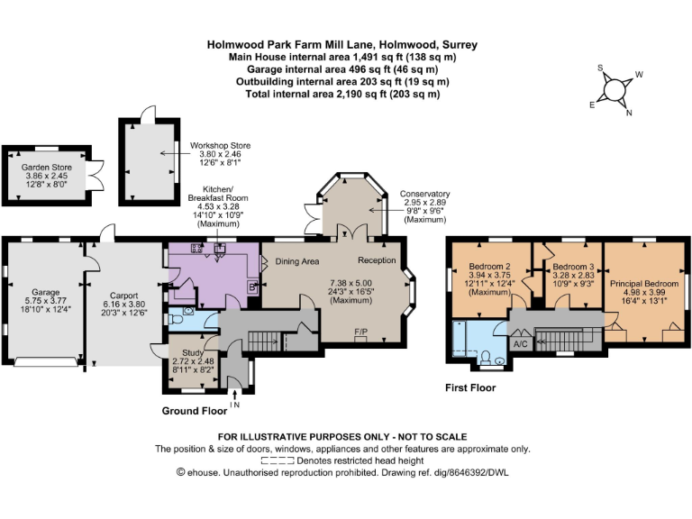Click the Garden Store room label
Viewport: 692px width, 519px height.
point(46,168)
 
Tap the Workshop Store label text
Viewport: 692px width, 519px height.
point(220,145)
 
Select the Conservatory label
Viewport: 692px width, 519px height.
point(425,194)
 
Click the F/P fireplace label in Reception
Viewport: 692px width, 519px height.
point(361,332)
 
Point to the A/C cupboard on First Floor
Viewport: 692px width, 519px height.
point(521,344)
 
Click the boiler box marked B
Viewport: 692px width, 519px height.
point(252,287)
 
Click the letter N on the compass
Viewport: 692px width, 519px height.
point(629,113)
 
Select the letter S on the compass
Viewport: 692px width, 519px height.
point(600,68)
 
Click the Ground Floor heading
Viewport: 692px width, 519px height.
point(195,411)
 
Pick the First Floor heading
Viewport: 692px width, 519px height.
point(470,387)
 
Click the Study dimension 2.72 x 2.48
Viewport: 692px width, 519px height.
point(193,360)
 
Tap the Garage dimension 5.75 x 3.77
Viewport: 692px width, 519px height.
point(45,301)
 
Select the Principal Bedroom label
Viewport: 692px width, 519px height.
point(644,283)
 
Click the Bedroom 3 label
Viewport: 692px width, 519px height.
point(573,267)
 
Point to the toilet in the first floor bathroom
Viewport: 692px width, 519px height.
point(487,358)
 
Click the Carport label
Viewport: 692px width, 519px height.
point(124,296)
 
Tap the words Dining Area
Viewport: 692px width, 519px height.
point(297,261)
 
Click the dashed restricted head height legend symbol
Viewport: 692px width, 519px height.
point(278,461)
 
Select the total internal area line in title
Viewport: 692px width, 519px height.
point(342,94)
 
